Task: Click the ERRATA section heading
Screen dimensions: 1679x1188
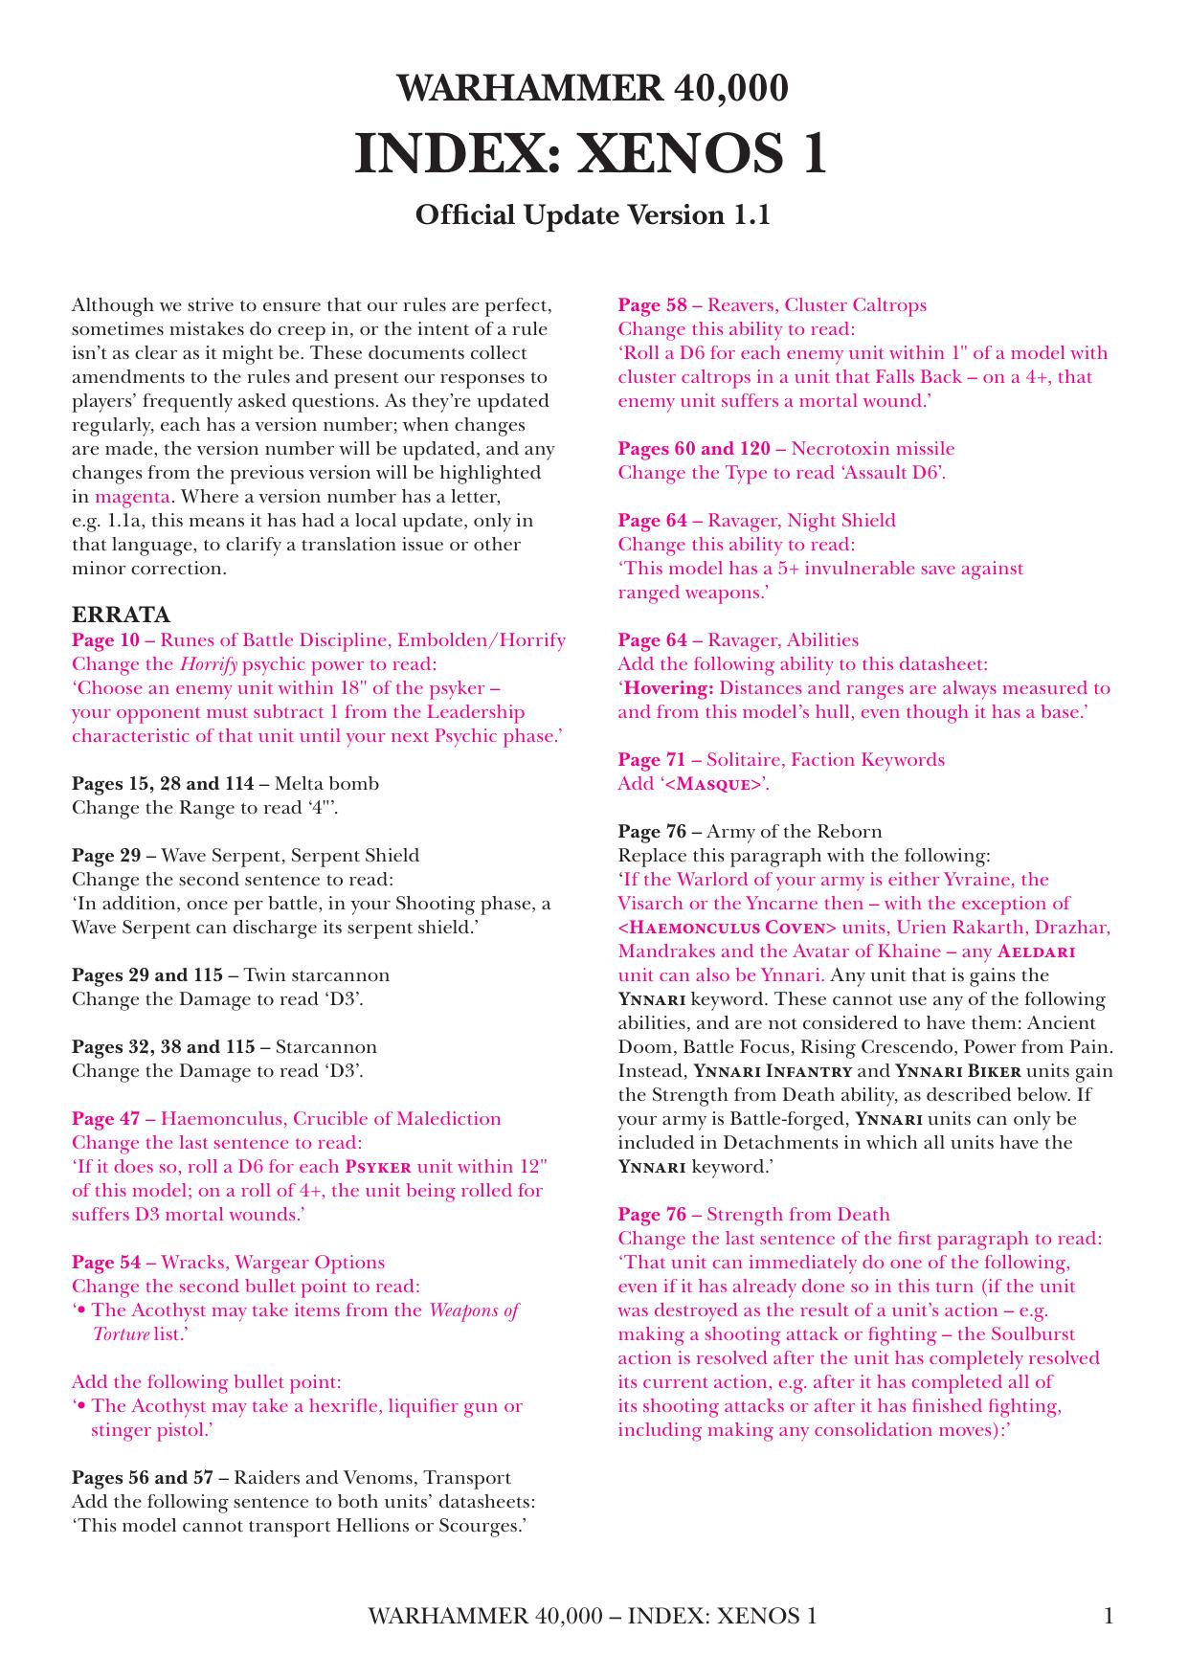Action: [x=121, y=615]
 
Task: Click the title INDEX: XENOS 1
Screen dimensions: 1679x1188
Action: [x=591, y=154]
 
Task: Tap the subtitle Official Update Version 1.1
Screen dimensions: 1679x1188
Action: [x=593, y=214]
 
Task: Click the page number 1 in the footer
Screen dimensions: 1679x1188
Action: [x=1109, y=1617]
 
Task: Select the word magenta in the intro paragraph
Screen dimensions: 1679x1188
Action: [x=132, y=497]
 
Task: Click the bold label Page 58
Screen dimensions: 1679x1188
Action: [x=652, y=305]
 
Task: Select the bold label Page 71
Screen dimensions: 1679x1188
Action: [x=652, y=760]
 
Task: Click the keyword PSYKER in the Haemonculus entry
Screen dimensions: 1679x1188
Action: [x=378, y=1167]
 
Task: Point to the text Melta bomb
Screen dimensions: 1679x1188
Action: [x=326, y=784]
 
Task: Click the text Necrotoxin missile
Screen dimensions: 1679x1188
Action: [x=872, y=449]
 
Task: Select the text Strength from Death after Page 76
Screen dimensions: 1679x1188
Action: [x=797, y=1215]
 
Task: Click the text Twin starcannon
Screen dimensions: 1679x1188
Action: [x=317, y=975]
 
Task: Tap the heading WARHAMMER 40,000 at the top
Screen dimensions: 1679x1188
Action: [x=593, y=88]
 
